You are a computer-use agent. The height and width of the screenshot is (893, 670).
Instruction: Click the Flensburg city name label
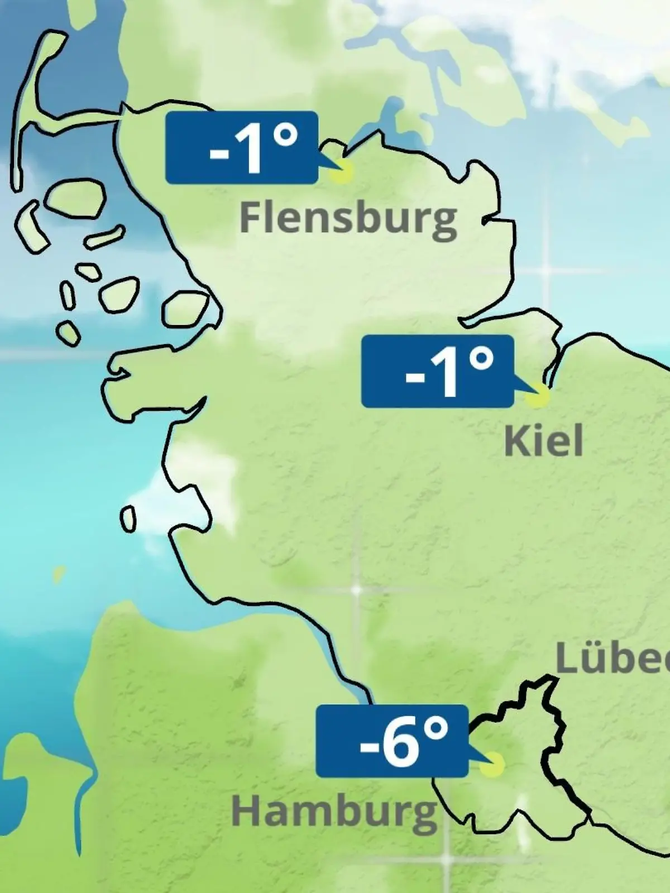pos(348,219)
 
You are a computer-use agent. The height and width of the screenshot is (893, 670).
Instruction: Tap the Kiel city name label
pos(543,441)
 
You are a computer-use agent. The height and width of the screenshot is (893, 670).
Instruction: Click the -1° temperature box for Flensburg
pos(242,147)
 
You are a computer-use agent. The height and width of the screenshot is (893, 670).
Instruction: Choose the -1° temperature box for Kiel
pos(437,371)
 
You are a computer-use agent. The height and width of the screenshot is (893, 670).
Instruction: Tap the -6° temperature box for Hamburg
pos(391,741)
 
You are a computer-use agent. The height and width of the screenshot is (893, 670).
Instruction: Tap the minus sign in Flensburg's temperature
pos(218,152)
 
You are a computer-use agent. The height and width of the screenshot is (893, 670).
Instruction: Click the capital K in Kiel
pos(516,441)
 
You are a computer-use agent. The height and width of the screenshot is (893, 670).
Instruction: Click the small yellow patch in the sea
pos(58,574)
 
